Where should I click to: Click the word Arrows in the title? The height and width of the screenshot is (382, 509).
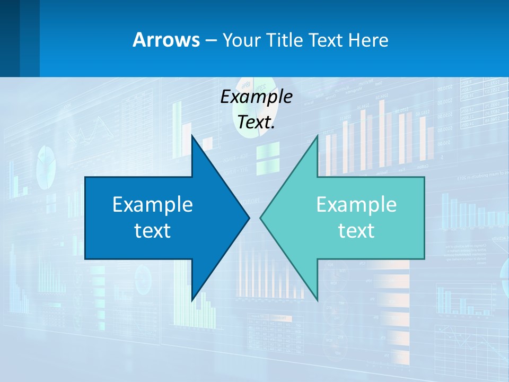165,40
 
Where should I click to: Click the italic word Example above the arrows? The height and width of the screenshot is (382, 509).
256,97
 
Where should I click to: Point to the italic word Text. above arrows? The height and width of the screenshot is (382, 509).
256,123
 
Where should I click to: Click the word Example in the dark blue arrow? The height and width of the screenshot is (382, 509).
153,205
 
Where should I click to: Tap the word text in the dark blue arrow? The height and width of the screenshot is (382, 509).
153,231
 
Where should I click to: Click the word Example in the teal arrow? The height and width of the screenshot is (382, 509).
356,205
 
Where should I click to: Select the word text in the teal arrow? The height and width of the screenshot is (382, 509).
356,231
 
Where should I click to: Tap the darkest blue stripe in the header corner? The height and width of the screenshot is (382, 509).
10,38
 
